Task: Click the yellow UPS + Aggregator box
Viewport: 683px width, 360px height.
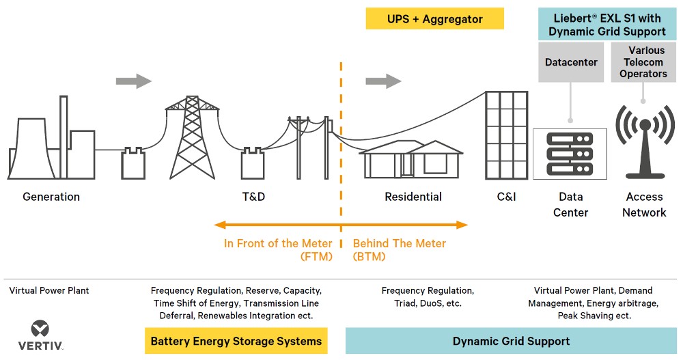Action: tap(434, 18)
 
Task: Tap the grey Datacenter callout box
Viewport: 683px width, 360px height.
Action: tap(571, 62)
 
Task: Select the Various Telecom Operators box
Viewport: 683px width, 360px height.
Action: tap(643, 62)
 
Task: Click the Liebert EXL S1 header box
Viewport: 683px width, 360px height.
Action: tap(607, 25)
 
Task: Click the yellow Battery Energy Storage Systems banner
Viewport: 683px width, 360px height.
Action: tap(236, 341)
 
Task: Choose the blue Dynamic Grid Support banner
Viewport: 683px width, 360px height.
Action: tap(511, 341)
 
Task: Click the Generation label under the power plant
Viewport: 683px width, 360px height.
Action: tap(51, 197)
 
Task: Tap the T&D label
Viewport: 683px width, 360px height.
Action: tap(253, 197)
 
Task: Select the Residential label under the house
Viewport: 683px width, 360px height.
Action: tap(413, 197)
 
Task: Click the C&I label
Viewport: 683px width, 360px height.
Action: tap(506, 197)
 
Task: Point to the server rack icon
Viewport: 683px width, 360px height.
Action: tap(570, 154)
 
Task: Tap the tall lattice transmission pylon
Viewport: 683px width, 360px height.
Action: tap(192, 137)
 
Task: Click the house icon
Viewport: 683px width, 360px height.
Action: tap(411, 160)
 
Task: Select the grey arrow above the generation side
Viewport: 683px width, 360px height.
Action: tap(134, 81)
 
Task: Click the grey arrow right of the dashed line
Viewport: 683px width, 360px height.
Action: tap(383, 81)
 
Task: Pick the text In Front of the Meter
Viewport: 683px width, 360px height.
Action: tap(278, 243)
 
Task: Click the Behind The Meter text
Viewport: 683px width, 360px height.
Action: tap(400, 243)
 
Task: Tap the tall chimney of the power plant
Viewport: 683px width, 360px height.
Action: tap(64, 137)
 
